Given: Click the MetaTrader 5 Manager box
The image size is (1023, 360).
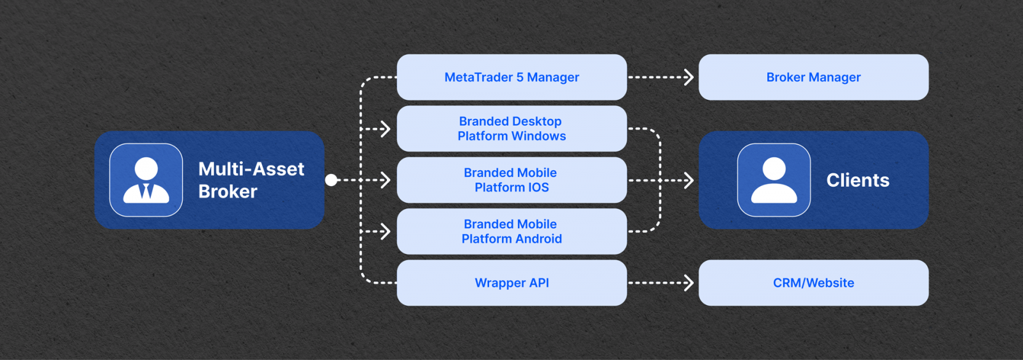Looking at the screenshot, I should (x=511, y=77).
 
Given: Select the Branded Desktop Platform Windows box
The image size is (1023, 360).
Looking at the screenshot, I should (x=511, y=129).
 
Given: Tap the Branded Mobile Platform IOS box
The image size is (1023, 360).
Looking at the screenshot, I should (x=511, y=180).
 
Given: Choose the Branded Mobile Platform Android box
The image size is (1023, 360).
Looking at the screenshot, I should (x=511, y=231).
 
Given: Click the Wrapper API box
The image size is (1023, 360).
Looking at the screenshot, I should (x=511, y=283).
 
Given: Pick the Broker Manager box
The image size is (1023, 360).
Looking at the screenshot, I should (x=813, y=77).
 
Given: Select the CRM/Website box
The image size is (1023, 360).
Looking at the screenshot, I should (x=813, y=283).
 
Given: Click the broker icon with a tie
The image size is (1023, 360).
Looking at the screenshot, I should (x=146, y=180).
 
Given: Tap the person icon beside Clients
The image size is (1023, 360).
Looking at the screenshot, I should (x=774, y=180).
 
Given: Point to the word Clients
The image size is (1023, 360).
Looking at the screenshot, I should (x=857, y=180).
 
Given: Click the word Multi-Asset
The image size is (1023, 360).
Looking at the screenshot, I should (x=251, y=169).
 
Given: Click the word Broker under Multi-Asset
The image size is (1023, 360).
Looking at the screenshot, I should (x=228, y=192).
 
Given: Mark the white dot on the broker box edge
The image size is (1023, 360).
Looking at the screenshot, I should (x=331, y=180).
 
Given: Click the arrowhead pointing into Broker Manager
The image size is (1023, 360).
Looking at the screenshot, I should (x=689, y=77).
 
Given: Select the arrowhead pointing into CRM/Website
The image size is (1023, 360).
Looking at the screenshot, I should (x=689, y=283).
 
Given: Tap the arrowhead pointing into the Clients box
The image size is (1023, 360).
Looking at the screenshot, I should (x=689, y=180).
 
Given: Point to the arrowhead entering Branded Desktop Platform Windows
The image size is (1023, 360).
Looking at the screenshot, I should (x=386, y=129).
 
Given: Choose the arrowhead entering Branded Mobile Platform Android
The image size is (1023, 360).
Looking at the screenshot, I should (x=386, y=231).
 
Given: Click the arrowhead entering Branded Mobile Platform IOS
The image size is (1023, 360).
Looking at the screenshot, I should (x=386, y=180).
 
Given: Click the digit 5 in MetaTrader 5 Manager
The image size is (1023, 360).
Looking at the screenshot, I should (x=520, y=77).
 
